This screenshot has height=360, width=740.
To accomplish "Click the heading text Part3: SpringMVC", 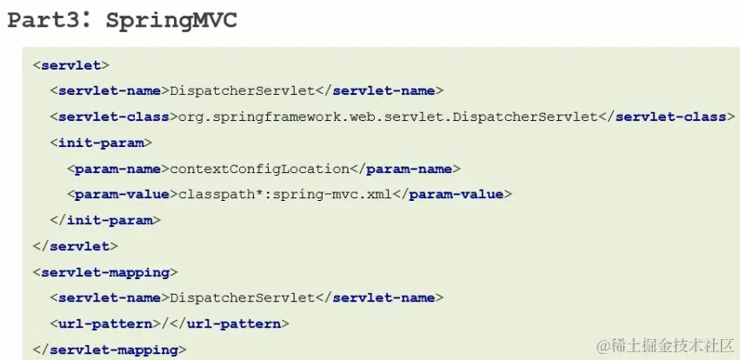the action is tap(122, 21).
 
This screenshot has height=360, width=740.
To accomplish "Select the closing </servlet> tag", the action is tap(75, 246).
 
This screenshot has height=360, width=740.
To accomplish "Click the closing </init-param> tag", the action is tap(104, 220).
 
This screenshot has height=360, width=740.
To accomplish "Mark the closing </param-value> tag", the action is tap(452, 194).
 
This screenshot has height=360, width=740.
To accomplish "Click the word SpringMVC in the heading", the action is tap(170, 21).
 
